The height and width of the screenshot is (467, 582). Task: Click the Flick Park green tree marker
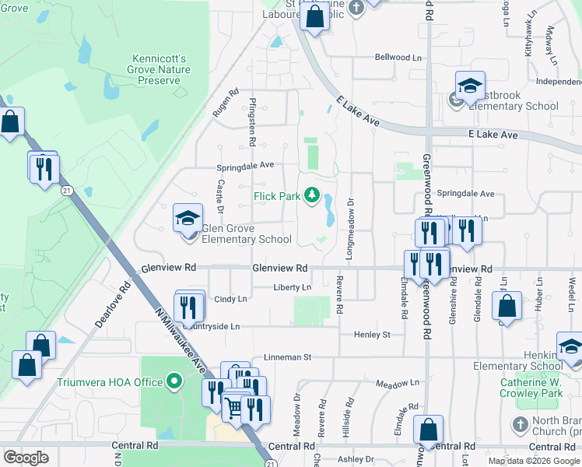[312, 195]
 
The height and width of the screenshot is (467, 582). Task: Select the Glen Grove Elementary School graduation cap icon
[188, 218]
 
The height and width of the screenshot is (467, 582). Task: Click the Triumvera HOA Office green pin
[175, 382]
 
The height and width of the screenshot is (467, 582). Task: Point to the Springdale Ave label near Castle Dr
[245, 166]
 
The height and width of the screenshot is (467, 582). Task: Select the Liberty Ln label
[292, 287]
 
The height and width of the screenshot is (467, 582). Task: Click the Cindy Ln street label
[230, 299]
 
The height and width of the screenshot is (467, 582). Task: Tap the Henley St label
[372, 335]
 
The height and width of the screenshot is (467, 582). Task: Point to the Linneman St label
[286, 357]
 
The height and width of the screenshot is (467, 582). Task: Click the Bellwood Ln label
[398, 58]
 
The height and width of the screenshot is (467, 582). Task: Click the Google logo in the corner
[26, 457]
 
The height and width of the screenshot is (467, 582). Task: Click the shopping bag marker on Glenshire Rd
[507, 307]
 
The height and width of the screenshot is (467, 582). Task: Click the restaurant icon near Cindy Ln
[188, 307]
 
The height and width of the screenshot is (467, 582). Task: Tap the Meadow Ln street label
[396, 384]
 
